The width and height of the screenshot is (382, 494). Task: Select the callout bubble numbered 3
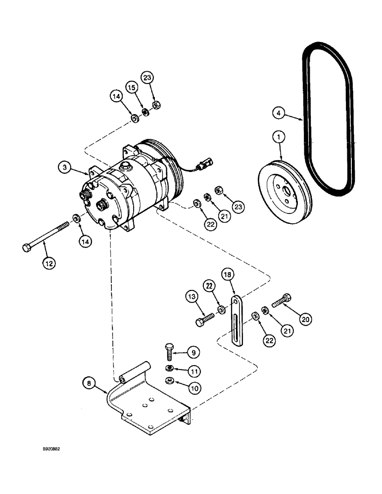click(x=64, y=167)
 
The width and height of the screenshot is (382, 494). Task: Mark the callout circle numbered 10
click(x=194, y=388)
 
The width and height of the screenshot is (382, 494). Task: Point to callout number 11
click(x=194, y=370)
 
